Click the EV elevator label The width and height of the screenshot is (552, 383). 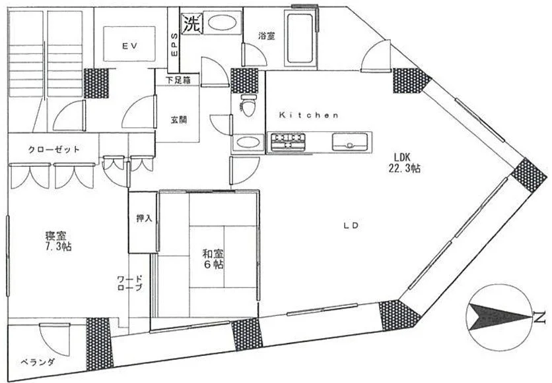click(129, 45)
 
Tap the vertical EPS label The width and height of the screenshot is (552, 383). click(174, 45)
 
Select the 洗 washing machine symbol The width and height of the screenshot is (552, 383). click(192, 24)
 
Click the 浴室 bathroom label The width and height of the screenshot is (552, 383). click(267, 36)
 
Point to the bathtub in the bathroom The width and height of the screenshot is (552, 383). click(300, 38)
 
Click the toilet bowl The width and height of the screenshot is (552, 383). click(248, 105)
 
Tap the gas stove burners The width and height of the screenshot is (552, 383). click(287, 141)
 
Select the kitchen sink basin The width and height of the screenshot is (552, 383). click(349, 142)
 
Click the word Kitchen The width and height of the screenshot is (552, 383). click(309, 115)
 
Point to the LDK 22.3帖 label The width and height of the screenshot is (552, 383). click(404, 163)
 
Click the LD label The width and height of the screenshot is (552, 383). click(351, 225)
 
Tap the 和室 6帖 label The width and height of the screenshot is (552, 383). click(213, 259)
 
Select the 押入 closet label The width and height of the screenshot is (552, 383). click(144, 218)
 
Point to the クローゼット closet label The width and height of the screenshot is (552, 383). click(54, 150)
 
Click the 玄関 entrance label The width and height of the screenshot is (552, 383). click(178, 120)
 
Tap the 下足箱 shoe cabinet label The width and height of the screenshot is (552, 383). click(178, 80)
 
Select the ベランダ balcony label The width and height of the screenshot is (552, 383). click(38, 362)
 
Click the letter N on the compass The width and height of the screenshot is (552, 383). click(539, 318)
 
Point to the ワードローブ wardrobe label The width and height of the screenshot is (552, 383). click(130, 283)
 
